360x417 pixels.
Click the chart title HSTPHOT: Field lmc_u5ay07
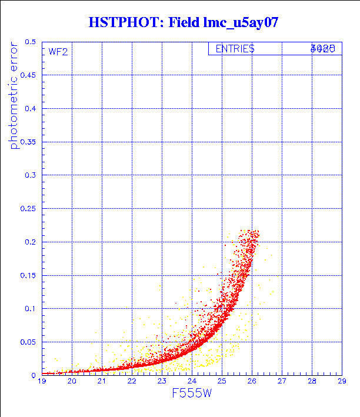point(183,24)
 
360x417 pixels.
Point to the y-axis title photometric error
point(14,97)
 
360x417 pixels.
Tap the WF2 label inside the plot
point(58,51)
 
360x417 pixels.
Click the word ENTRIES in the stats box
point(235,49)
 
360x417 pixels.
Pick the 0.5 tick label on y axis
point(29,42)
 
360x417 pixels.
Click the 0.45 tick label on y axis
point(27,75)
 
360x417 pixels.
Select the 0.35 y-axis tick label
point(27,142)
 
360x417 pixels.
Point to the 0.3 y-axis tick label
point(29,175)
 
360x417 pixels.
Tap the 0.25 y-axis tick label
point(27,208)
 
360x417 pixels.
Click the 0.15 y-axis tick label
point(27,275)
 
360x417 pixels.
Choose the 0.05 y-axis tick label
point(27,341)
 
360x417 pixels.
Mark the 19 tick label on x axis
point(42,382)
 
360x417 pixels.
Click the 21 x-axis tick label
point(102,382)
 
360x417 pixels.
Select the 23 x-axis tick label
point(162,382)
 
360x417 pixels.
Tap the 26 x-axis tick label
point(252,382)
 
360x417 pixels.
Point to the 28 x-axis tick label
point(312,382)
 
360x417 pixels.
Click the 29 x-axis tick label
point(341,382)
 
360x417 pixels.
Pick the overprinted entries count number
point(323,49)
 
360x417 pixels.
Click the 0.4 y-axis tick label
point(29,109)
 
